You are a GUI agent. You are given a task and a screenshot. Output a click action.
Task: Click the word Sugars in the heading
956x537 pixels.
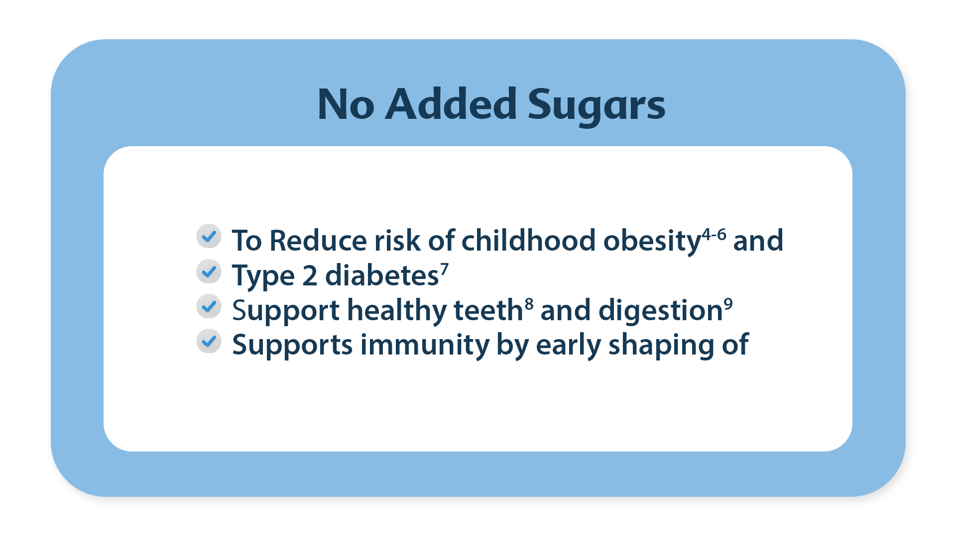click(x=596, y=105)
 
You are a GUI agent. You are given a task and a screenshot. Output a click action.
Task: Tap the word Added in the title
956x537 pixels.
click(x=451, y=104)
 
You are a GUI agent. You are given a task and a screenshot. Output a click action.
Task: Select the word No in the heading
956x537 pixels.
click(x=346, y=104)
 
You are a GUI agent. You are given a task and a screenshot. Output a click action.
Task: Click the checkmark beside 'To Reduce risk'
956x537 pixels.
click(x=209, y=236)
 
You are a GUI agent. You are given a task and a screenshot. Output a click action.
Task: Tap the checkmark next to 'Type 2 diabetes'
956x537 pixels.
click(x=209, y=271)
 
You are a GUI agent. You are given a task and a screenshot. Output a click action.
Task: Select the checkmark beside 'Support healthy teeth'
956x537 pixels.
click(x=209, y=306)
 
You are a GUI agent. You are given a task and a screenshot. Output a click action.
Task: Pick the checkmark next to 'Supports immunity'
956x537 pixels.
click(x=209, y=341)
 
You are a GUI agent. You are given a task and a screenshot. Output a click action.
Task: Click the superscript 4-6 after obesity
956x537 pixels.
click(x=714, y=234)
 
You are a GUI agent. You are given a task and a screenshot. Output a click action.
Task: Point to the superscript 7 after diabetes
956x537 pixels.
click(x=444, y=269)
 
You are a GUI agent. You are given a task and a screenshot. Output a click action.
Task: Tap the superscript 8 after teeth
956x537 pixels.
click(x=529, y=304)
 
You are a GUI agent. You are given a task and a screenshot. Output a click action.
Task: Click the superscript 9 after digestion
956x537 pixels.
click(x=728, y=304)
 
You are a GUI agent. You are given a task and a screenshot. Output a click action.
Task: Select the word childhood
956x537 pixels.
click(x=529, y=240)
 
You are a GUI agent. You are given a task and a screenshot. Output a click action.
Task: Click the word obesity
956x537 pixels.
click(x=652, y=242)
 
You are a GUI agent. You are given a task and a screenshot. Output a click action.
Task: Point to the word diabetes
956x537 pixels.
click(x=382, y=275)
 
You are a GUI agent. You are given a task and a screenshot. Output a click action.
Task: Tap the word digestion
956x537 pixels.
click(x=661, y=312)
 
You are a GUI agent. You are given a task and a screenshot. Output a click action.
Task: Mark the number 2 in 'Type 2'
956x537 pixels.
click(x=310, y=276)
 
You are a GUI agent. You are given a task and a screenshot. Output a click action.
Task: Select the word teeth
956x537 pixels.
click(x=488, y=310)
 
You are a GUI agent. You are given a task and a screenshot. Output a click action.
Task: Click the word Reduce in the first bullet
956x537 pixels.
click(x=318, y=240)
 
